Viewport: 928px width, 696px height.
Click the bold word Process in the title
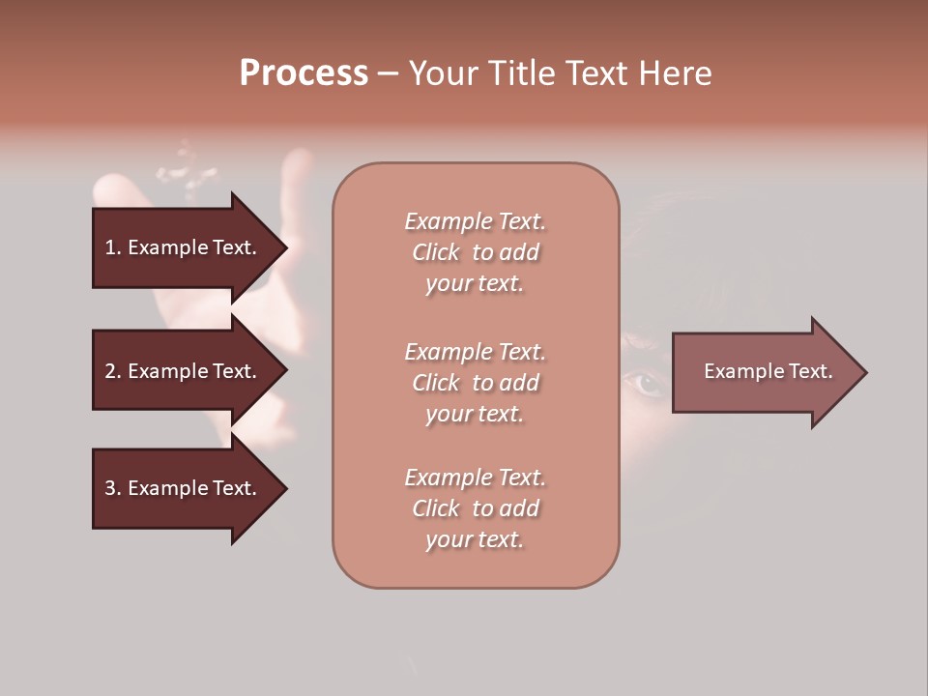[304, 73]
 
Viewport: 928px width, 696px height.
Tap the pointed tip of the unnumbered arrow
[864, 372]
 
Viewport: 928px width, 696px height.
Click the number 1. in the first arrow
[113, 247]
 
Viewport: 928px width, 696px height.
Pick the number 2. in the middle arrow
[113, 371]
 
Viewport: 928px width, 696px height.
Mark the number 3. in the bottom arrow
[113, 488]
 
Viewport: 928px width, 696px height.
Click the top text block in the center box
[475, 252]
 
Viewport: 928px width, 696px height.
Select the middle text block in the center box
[475, 383]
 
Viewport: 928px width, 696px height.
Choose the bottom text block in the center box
[475, 508]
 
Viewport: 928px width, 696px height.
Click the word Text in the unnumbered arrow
[810, 371]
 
